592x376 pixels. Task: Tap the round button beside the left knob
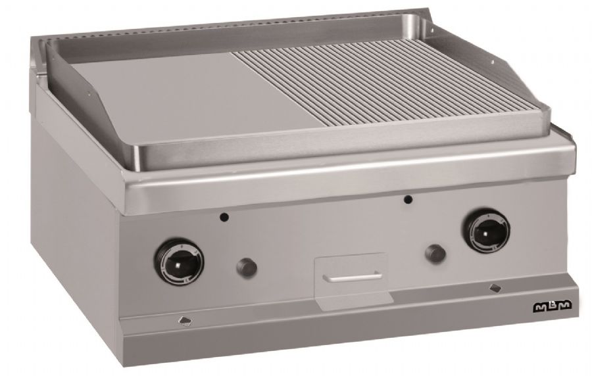[x=247, y=268]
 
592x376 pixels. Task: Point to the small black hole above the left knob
[x=224, y=217]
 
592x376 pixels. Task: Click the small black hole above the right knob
[x=407, y=199]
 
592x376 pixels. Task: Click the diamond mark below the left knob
[x=185, y=321]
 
